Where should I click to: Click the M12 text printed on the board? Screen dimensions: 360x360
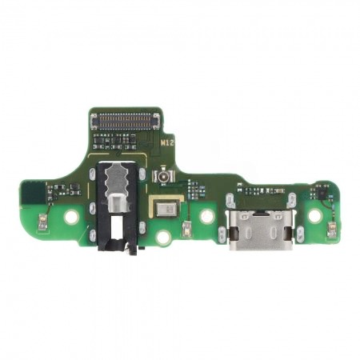tap(167, 142)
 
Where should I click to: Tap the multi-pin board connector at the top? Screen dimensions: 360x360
tap(125, 120)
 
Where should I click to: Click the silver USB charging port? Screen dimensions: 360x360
tap(259, 230)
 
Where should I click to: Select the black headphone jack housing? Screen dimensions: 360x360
tap(118, 206)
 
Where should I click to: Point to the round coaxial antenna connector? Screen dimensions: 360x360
tap(163, 176)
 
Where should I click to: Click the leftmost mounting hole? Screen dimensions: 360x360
tap(72, 217)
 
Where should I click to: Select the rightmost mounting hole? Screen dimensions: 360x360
tap(314, 216)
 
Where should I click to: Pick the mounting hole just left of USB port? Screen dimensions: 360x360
tap(206, 216)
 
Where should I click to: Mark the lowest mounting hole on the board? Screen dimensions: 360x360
tap(163, 237)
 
